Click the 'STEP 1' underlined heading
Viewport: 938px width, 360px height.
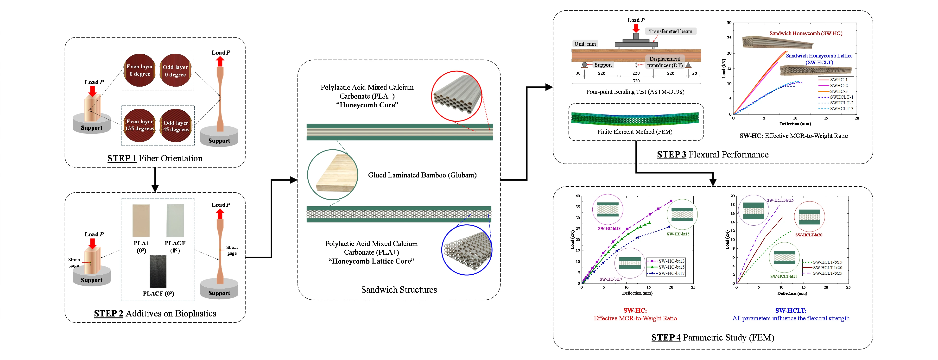[122, 158]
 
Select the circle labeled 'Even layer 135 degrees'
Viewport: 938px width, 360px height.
[140, 125]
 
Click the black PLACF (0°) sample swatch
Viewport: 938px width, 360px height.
[158, 271]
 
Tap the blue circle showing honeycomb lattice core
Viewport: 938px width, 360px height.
[467, 250]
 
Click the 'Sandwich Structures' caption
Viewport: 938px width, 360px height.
[399, 290]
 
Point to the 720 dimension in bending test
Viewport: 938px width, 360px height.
[636, 81]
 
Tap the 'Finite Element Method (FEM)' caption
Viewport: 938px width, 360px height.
[635, 132]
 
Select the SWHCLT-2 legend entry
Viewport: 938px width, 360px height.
[841, 103]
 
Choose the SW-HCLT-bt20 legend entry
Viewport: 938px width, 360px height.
[827, 268]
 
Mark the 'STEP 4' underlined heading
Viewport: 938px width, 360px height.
[666, 337]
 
